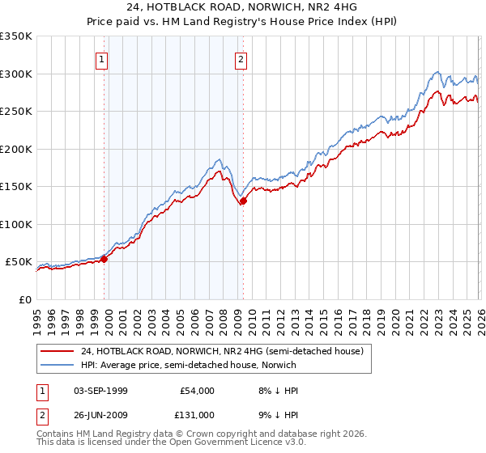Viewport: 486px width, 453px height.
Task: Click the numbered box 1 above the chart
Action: pos(102,58)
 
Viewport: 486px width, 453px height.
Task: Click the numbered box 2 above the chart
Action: pos(241,58)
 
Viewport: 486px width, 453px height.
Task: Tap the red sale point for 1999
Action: pos(104,259)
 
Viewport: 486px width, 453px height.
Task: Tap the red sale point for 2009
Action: pos(242,201)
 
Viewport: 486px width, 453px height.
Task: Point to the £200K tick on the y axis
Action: pos(17,149)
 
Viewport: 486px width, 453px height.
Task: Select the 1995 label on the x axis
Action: pos(36,315)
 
